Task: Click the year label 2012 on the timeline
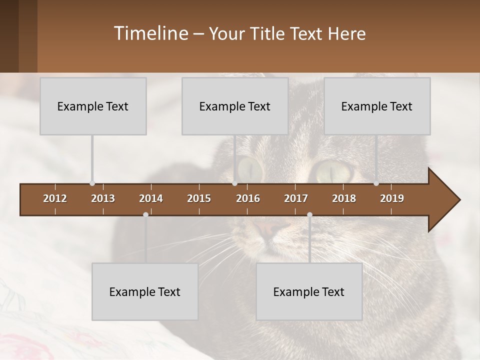[55, 198]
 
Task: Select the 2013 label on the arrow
[103, 198]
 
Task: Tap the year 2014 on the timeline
[151, 198]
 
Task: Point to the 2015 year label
[199, 198]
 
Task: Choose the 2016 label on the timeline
[248, 198]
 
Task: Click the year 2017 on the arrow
[296, 198]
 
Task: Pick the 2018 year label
[344, 198]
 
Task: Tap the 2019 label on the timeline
[392, 198]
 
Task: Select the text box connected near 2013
[93, 106]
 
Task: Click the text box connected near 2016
[235, 106]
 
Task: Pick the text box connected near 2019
[377, 106]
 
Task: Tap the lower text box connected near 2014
[145, 291]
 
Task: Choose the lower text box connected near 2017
[309, 291]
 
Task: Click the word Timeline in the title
[150, 33]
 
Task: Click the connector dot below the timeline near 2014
[145, 214]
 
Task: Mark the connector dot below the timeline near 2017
[309, 214]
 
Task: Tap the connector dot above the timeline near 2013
[92, 183]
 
